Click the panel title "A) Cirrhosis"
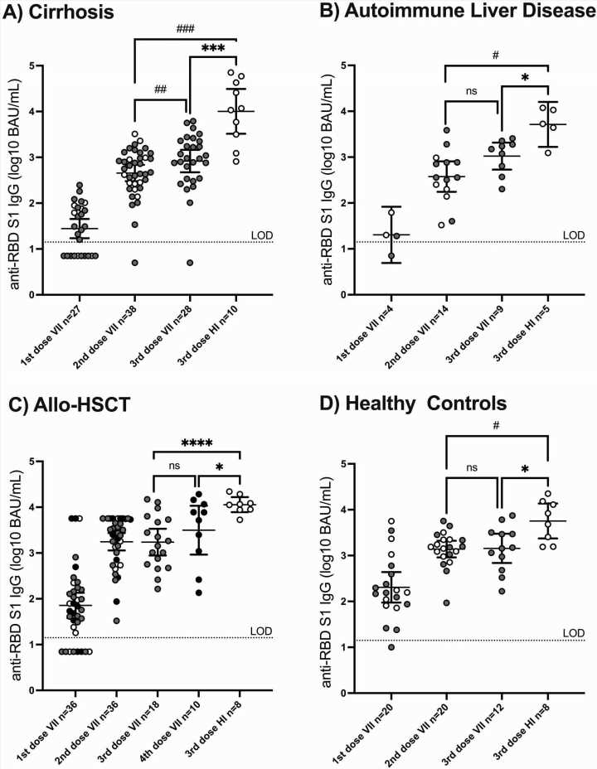(62, 15)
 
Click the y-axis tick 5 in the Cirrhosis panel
(30, 65)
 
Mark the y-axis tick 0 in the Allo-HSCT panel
(30, 690)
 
